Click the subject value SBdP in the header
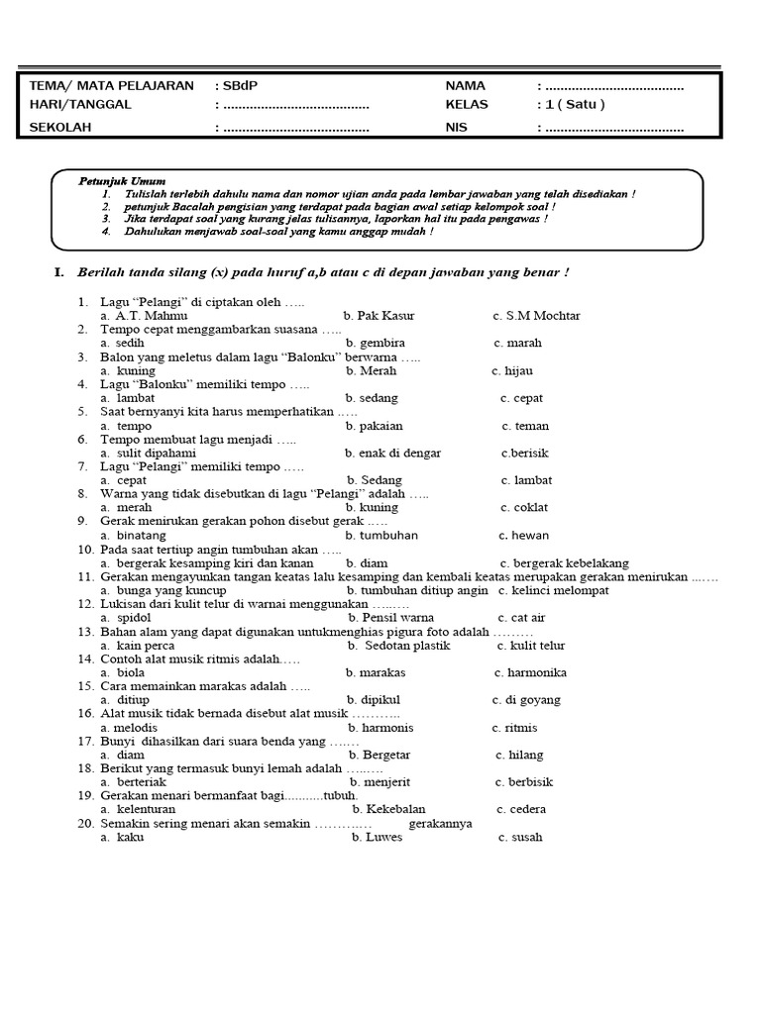[235, 86]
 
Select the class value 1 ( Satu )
[573, 105]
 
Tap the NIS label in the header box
[456, 128]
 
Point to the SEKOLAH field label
[60, 128]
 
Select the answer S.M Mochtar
[543, 316]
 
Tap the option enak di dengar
[399, 453]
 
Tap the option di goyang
[532, 699]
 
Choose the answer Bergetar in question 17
[386, 755]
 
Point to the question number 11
[83, 576]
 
